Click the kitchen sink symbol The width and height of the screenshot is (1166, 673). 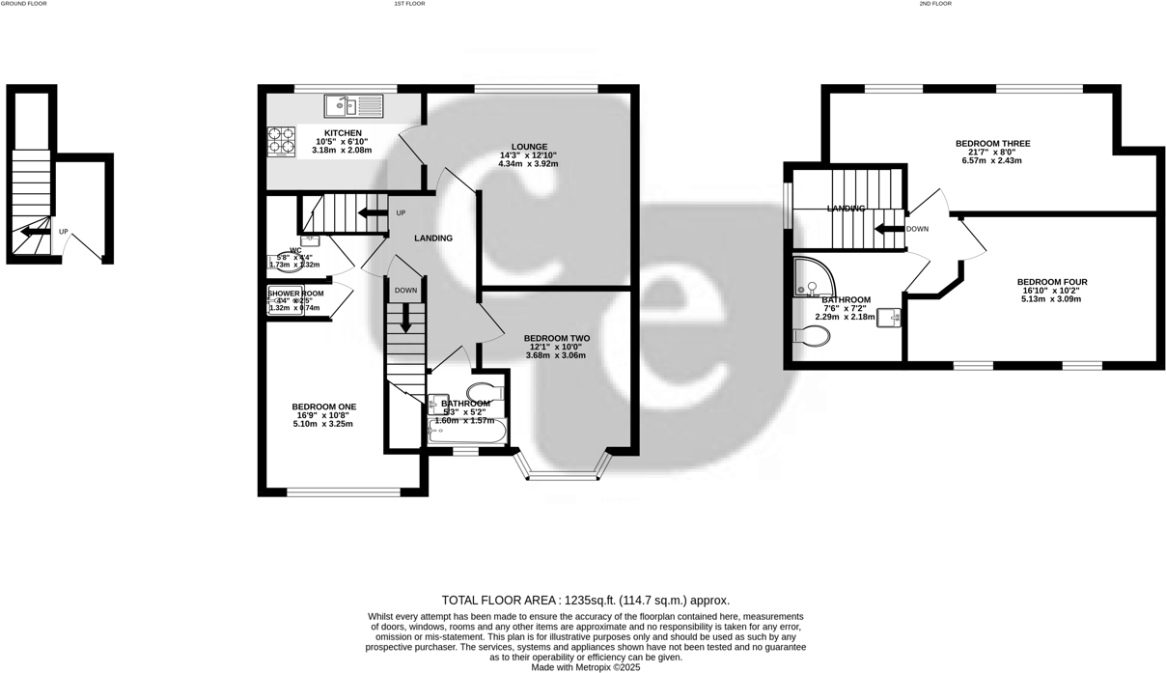pos(353,105)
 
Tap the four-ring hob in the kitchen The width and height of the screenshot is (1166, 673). pos(281,141)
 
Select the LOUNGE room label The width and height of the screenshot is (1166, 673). pos(529,147)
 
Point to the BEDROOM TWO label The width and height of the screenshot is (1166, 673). pos(557,338)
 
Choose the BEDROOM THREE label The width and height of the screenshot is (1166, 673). pos(992,144)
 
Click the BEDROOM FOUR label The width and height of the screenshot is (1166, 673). pos(1052,282)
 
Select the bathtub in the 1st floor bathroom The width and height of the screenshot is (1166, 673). pos(465,431)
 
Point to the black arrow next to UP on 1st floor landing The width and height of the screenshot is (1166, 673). pos(371,212)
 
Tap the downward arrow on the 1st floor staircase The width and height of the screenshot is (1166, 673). pos(405,318)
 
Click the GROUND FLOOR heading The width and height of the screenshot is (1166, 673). pos(23,4)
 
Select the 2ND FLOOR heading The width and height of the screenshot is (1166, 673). pos(935,4)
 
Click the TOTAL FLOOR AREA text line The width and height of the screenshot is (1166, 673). pos(585,600)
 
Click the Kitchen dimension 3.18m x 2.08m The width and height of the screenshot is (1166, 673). pos(342,151)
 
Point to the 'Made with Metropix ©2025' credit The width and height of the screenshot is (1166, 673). pos(585,667)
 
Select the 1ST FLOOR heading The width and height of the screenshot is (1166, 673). pos(409,4)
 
